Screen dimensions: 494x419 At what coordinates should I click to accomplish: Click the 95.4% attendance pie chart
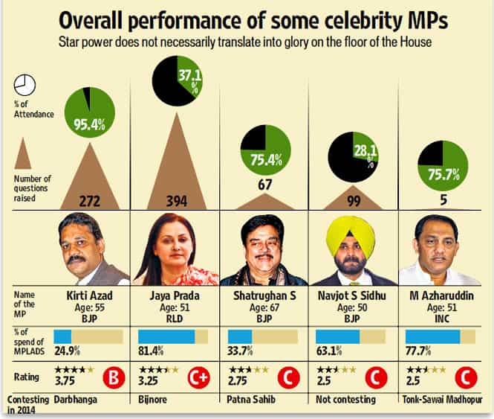[x=90, y=112]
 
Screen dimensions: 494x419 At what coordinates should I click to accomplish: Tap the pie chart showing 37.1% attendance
[x=178, y=81]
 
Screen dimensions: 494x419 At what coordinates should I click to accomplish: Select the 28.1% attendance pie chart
[x=353, y=157]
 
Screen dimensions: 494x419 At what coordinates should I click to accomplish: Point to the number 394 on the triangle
[x=177, y=201]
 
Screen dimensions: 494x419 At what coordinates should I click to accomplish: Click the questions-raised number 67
[x=264, y=185]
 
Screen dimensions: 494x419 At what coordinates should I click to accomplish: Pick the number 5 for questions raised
[x=443, y=199]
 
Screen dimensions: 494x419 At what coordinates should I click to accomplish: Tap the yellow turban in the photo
[x=351, y=236]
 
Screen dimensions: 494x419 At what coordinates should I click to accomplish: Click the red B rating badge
[x=114, y=377]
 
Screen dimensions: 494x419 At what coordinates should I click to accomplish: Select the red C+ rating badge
[x=199, y=377]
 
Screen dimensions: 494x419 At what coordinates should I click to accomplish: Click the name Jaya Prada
[x=175, y=296]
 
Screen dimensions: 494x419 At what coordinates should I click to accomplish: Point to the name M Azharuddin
[x=442, y=296]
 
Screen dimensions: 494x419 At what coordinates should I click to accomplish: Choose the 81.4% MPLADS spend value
[x=151, y=351]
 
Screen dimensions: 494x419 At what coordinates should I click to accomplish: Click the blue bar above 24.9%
[x=62, y=337]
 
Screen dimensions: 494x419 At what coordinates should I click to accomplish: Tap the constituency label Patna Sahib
[x=251, y=400]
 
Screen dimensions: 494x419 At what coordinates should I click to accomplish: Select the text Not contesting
[x=345, y=400]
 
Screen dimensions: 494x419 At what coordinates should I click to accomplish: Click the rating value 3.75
[x=65, y=381]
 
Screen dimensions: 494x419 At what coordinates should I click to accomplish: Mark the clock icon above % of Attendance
[x=25, y=86]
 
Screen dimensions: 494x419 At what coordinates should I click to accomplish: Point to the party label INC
[x=442, y=319]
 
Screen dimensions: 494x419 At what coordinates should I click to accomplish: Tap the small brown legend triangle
[x=23, y=153]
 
